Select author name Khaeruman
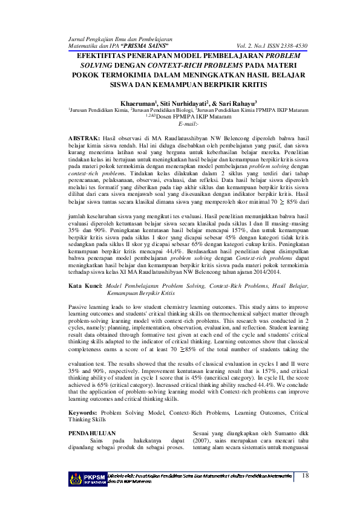(x=139, y=103)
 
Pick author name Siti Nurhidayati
(x=185, y=103)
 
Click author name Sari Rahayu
(x=237, y=103)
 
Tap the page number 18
(x=304, y=475)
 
